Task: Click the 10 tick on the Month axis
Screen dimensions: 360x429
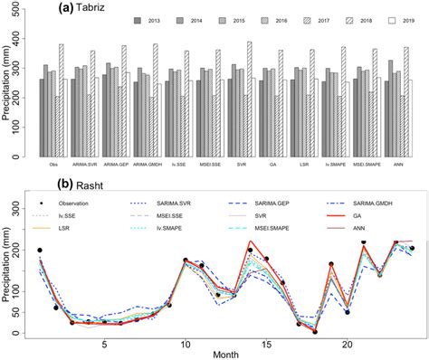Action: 185,345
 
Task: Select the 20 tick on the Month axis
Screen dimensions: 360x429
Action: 347,345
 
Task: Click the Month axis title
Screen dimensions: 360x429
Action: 226,355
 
